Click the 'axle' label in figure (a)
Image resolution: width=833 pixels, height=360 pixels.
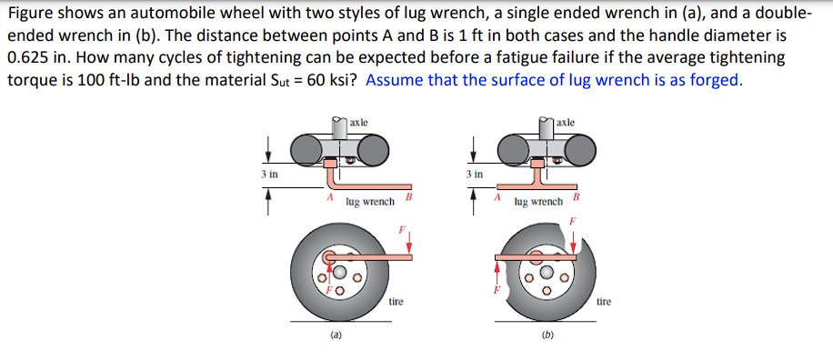point(359,121)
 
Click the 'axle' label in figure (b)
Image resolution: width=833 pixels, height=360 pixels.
point(566,121)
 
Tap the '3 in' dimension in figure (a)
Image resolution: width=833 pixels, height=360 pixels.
point(270,172)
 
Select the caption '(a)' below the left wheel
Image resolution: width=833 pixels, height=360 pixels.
point(336,335)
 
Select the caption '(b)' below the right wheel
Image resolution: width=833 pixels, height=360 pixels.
point(547,335)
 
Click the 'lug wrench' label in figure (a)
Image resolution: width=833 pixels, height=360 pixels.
point(370,202)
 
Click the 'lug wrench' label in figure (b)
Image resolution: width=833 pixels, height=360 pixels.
point(538,202)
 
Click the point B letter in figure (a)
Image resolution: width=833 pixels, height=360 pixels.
point(409,195)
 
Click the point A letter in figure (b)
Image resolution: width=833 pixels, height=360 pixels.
point(497,197)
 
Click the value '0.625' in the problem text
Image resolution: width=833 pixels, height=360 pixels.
point(25,56)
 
